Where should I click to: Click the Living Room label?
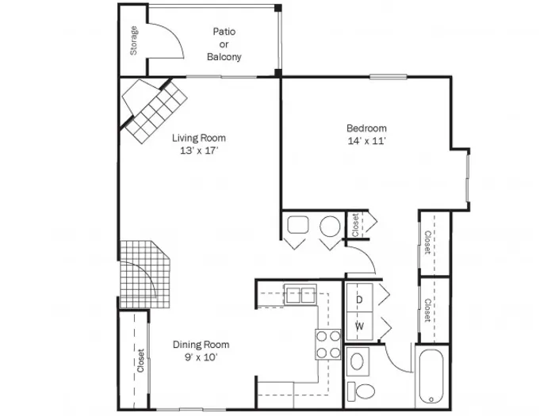coord(199,138)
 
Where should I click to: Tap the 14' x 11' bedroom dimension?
coord(366,141)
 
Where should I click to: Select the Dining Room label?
coord(201,344)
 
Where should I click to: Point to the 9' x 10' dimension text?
coord(201,357)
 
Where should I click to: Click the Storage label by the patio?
coord(134,40)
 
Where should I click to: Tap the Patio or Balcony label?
coord(224,44)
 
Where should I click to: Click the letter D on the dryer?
coord(359,300)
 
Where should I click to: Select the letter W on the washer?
coord(359,326)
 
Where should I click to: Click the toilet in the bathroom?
coord(361,391)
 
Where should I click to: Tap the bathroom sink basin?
coord(357,361)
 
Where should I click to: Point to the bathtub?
coord(431,376)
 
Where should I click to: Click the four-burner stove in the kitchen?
coord(328,344)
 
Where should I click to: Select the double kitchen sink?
coord(300,295)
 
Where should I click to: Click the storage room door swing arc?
coord(174,36)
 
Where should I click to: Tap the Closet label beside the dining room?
coord(140,361)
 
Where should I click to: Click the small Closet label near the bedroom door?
coord(355,224)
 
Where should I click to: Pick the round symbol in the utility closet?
coord(330,226)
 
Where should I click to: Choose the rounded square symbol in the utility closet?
coord(297,224)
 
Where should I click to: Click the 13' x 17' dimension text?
coord(199,151)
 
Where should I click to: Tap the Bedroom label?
coord(366,128)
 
